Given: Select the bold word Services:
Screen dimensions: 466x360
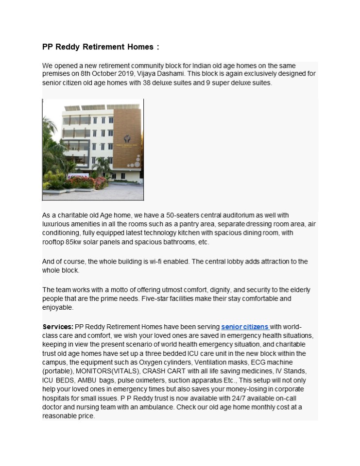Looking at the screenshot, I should point(58,327).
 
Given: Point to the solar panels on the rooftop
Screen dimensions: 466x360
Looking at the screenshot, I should point(92,107).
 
